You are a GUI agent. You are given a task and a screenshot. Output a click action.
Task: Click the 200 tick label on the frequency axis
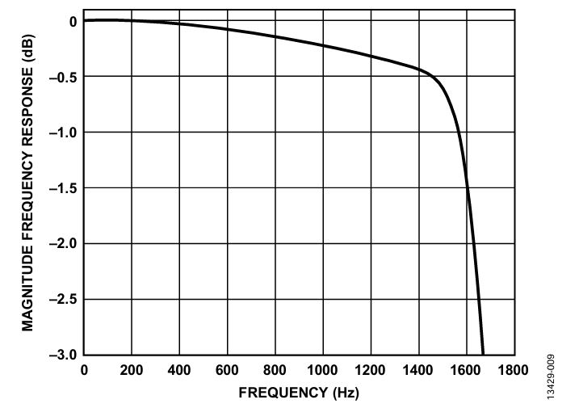click(132, 370)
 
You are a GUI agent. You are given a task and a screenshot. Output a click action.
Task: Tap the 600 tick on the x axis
click(227, 370)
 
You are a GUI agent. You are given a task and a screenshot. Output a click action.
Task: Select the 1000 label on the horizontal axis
click(322, 370)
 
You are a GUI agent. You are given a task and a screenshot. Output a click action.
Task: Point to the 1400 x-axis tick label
click(418, 370)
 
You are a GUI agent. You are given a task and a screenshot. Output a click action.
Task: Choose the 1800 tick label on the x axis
click(514, 370)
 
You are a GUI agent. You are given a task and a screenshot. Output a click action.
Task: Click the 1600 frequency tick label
click(466, 370)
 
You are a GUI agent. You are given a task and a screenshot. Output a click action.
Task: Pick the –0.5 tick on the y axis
click(63, 78)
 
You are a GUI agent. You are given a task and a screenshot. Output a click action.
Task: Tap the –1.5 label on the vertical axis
click(63, 189)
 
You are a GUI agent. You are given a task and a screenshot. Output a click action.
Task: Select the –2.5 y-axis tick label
click(63, 300)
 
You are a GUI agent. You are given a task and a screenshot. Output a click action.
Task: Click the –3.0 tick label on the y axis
click(63, 355)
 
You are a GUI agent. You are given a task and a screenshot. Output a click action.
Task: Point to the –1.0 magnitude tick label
click(63, 133)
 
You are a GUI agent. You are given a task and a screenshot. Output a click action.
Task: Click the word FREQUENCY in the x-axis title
click(283, 393)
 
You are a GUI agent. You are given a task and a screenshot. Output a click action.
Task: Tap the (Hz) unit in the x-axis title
click(346, 393)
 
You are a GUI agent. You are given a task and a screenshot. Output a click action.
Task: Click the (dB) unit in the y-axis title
click(28, 48)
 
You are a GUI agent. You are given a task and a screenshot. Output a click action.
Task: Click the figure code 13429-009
click(551, 376)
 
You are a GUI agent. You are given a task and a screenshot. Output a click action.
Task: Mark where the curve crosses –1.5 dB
click(468, 187)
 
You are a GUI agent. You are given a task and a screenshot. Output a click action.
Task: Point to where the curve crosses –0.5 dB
click(431, 76)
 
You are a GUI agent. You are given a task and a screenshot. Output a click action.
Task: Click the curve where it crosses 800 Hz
click(275, 36)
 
